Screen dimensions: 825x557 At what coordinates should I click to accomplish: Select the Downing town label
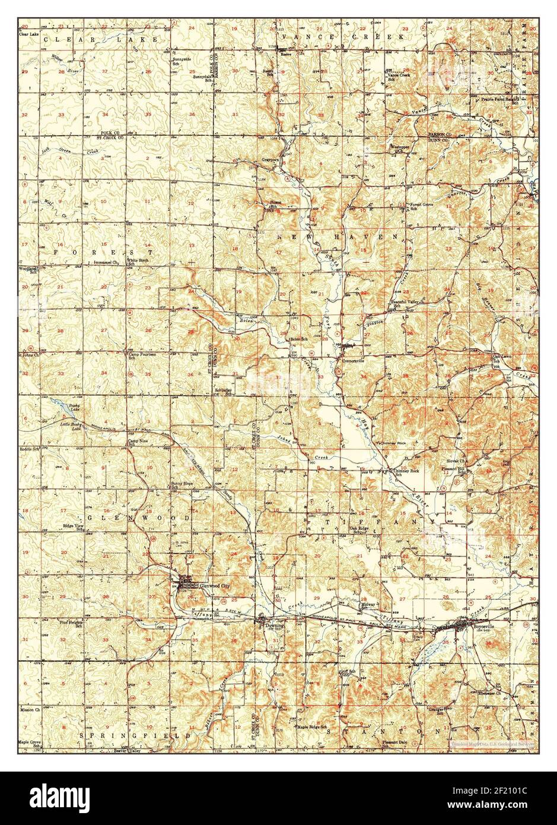coord(275,626)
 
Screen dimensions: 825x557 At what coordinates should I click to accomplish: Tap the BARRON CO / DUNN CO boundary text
coord(444,137)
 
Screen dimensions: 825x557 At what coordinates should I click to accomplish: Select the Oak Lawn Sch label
coord(502,359)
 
